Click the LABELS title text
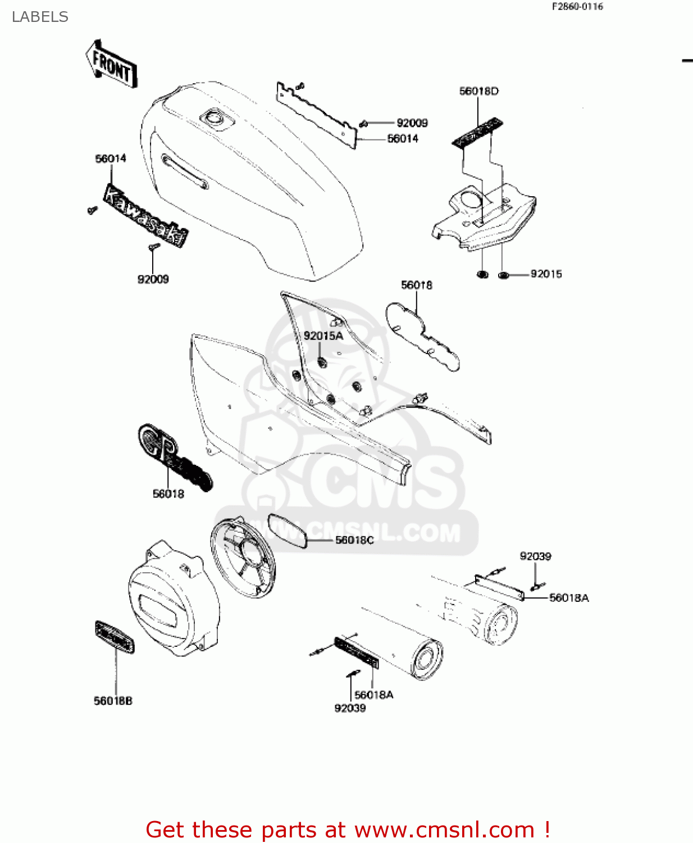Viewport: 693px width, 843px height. tap(40, 17)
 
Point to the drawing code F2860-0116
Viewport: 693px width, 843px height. tap(577, 7)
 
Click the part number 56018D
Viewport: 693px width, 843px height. tap(478, 91)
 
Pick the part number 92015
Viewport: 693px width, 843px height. tap(546, 274)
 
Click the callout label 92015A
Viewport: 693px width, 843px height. tap(323, 336)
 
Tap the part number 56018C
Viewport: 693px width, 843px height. tap(354, 540)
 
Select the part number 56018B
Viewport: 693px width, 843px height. tap(113, 701)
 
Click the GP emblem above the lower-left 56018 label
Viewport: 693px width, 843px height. tap(174, 458)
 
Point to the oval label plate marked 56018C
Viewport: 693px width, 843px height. tap(288, 531)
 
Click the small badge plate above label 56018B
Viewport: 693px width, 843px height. tap(115, 637)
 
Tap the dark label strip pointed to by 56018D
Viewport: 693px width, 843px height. tap(477, 133)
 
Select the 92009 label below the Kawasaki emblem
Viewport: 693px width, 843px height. tap(153, 279)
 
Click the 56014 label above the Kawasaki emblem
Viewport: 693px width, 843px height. tap(111, 158)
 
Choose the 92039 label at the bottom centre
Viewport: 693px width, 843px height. tap(350, 708)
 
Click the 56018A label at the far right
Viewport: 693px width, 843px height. tap(568, 598)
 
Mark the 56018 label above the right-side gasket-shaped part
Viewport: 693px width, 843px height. tap(416, 285)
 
